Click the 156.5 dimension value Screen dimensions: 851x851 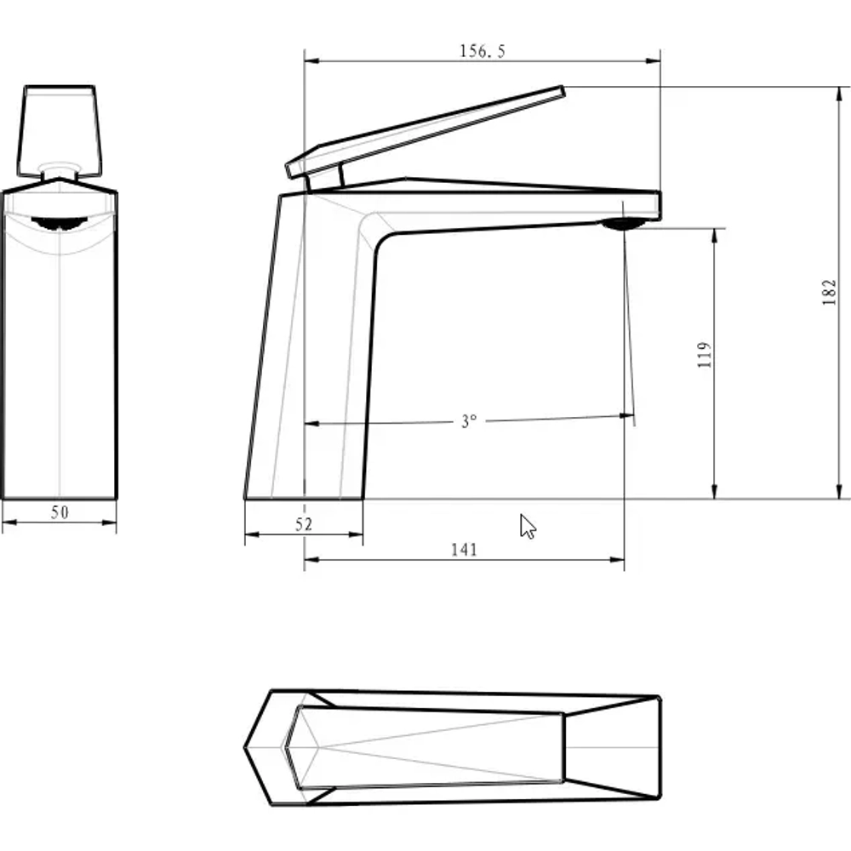(x=483, y=51)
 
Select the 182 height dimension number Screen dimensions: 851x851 (x=831, y=292)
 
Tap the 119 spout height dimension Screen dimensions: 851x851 (x=703, y=356)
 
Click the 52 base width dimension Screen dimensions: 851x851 (x=304, y=525)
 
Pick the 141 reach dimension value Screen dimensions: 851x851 (x=464, y=550)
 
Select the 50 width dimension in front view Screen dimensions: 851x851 (x=60, y=512)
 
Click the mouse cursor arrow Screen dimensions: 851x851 (x=528, y=526)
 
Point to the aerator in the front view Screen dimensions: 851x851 (x=59, y=223)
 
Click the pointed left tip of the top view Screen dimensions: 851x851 (x=248, y=748)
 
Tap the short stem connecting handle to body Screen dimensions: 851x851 (x=324, y=178)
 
